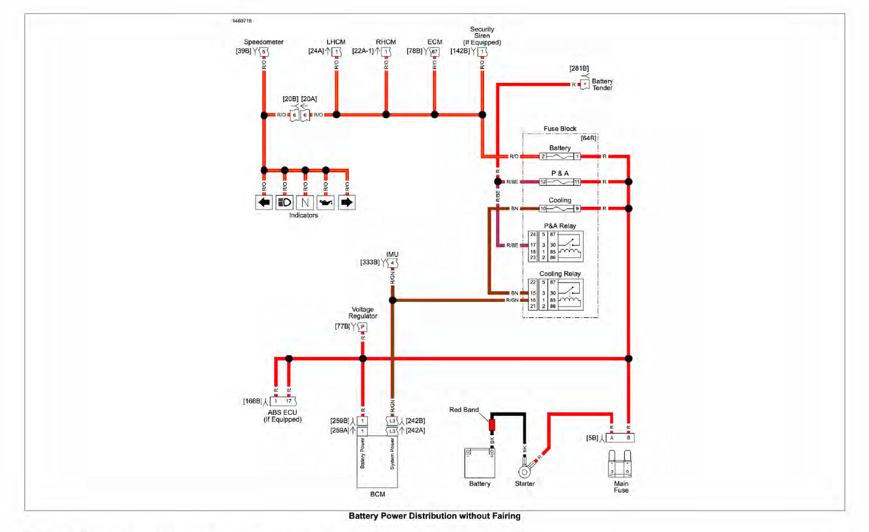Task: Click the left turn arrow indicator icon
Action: pyautogui.click(x=264, y=203)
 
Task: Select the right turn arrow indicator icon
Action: pyautogui.click(x=346, y=203)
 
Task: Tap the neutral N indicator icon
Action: pyautogui.click(x=305, y=203)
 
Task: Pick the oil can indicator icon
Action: pyautogui.click(x=326, y=203)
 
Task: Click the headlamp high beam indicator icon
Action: pyautogui.click(x=284, y=203)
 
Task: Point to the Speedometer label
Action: pyautogui.click(x=263, y=42)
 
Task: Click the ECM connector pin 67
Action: pyautogui.click(x=434, y=52)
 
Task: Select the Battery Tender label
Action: pyautogui.click(x=602, y=85)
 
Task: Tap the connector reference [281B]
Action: pyautogui.click(x=579, y=69)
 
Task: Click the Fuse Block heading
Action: pyautogui.click(x=560, y=129)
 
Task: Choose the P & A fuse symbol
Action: pyautogui.click(x=560, y=182)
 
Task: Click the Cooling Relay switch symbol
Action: pyautogui.click(x=570, y=295)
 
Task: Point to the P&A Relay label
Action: pyautogui.click(x=560, y=226)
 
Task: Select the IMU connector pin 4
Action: pyautogui.click(x=392, y=263)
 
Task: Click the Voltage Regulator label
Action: pyautogui.click(x=363, y=313)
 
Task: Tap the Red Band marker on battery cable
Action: pyautogui.click(x=492, y=425)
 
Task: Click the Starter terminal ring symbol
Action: pyautogui.click(x=525, y=471)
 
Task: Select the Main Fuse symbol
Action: pyautogui.click(x=620, y=464)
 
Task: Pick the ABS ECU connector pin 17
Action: pyautogui.click(x=289, y=401)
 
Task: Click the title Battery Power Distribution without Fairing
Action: pyautogui.click(x=434, y=516)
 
